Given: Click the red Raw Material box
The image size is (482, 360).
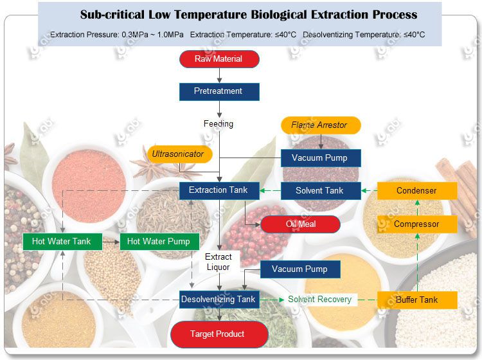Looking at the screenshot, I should pos(219,59).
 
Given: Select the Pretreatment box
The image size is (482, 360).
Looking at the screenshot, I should pos(219,91).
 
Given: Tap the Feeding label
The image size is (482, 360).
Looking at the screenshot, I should pos(219,123).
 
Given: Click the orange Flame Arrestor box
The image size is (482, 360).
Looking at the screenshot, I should pos(319,125).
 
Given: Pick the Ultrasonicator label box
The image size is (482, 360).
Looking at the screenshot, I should pos(177,154).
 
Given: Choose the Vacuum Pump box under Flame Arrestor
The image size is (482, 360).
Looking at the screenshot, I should pos(320,158).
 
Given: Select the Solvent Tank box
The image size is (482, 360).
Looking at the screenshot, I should pos(320,191).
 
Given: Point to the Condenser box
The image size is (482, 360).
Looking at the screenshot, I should pos(416,191).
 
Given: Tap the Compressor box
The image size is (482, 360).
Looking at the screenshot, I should pos(416,224).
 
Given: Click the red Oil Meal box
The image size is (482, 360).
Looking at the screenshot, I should pos(300,224).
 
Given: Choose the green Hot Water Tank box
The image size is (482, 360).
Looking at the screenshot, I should pos(62,242).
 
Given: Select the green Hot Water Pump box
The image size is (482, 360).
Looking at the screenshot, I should pos(159,242).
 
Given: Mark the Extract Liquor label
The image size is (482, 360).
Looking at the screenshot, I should pos(219,262).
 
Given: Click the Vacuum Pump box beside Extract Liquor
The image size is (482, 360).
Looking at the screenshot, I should pos(299,269).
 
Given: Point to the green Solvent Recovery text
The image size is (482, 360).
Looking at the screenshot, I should pos(319,300).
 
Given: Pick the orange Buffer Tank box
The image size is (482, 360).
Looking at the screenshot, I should pos(416,300).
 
